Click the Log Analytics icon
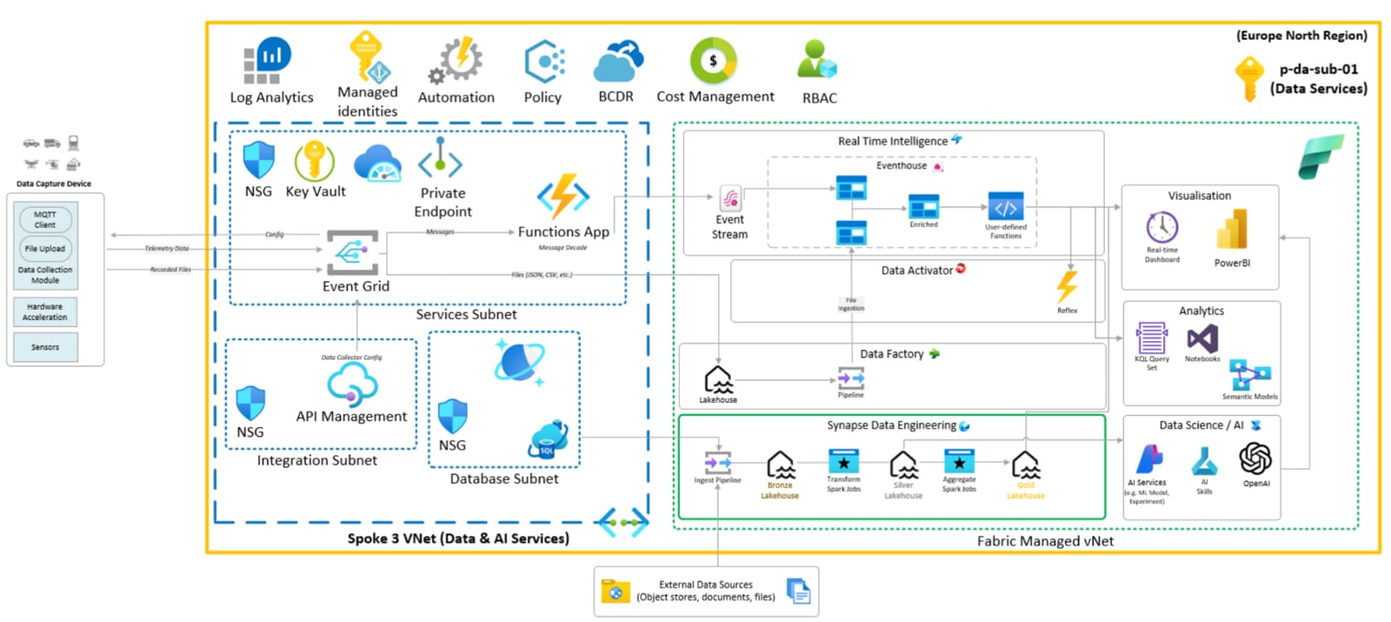click(x=267, y=61)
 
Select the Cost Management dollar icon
click(x=713, y=60)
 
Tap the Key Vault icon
click(x=314, y=161)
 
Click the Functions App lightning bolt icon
click(x=562, y=197)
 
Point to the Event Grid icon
click(x=352, y=252)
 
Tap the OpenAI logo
click(x=1255, y=458)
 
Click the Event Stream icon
click(x=730, y=199)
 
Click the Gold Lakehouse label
click(x=1026, y=492)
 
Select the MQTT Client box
click(x=45, y=219)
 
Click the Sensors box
click(x=45, y=347)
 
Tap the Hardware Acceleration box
click(x=45, y=311)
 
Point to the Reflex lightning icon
click(x=1067, y=286)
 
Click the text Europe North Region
click(x=1301, y=36)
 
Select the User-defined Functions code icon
click(x=1005, y=208)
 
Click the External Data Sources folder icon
click(x=616, y=592)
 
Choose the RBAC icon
click(x=817, y=60)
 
